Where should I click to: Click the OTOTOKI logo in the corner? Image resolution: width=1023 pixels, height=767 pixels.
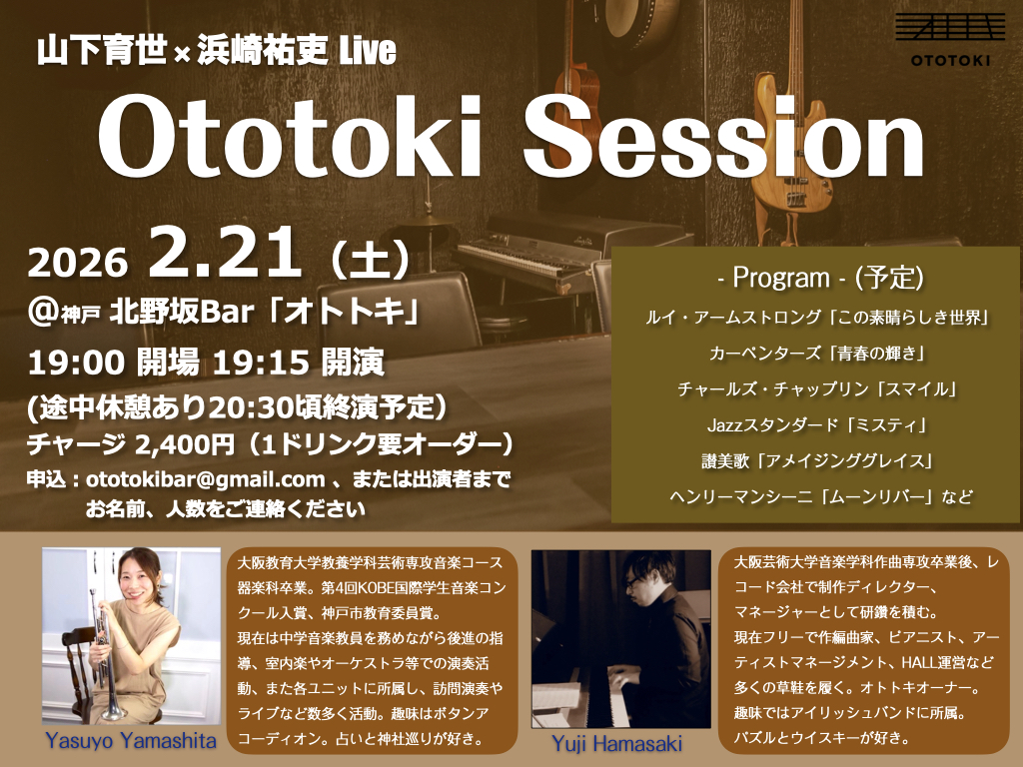949,39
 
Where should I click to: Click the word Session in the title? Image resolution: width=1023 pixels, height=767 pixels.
723,138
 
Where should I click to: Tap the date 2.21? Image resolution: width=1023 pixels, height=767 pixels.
225,253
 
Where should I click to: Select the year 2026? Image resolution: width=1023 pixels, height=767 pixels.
78,263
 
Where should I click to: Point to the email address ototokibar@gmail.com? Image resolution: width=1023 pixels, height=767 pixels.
206,479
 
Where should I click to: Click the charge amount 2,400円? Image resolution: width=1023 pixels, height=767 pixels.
185,445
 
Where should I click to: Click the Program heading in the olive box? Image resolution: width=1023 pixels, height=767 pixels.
821,278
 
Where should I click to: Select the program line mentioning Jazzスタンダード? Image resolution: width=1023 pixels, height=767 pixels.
817,425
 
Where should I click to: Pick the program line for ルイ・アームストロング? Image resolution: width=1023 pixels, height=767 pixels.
817,318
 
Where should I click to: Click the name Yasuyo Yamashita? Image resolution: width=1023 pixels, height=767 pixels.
131,741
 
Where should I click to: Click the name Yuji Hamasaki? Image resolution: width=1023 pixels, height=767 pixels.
616,743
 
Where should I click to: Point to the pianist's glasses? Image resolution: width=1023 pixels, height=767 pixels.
632,580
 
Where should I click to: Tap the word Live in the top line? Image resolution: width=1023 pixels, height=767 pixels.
368,51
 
